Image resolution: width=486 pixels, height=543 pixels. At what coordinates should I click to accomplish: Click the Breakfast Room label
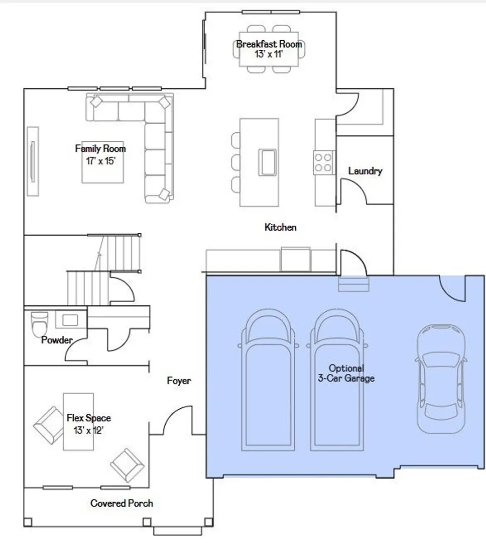click(269, 44)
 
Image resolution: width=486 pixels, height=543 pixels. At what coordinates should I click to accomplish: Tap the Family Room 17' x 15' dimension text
click(100, 161)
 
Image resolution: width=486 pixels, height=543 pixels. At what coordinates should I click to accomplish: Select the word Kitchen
click(280, 228)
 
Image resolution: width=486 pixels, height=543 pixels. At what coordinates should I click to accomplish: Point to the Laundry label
click(365, 171)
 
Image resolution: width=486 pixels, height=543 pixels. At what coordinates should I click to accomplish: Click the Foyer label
click(179, 381)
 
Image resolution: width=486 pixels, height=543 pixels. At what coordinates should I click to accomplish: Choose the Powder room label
click(57, 340)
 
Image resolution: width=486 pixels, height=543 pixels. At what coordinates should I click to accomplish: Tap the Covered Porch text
click(122, 503)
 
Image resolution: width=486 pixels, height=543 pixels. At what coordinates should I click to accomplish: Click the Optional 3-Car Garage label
click(346, 373)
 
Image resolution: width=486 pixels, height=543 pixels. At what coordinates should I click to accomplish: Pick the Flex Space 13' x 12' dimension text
click(88, 430)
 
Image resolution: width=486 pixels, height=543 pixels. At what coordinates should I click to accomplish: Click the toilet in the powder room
click(40, 324)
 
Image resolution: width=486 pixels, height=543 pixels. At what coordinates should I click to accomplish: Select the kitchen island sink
click(268, 162)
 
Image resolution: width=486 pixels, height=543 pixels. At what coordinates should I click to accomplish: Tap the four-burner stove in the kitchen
click(323, 162)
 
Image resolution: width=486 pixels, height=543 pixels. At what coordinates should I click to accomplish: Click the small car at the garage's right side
click(441, 379)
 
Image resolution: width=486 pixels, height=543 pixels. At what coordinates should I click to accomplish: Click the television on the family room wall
click(33, 161)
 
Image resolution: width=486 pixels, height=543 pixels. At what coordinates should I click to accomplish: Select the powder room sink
click(70, 320)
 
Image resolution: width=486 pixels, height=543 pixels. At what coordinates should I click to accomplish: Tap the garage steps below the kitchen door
click(353, 284)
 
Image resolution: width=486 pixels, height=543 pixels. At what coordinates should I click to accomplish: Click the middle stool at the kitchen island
click(236, 162)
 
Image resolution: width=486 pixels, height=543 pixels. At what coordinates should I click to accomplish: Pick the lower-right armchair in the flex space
click(127, 465)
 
